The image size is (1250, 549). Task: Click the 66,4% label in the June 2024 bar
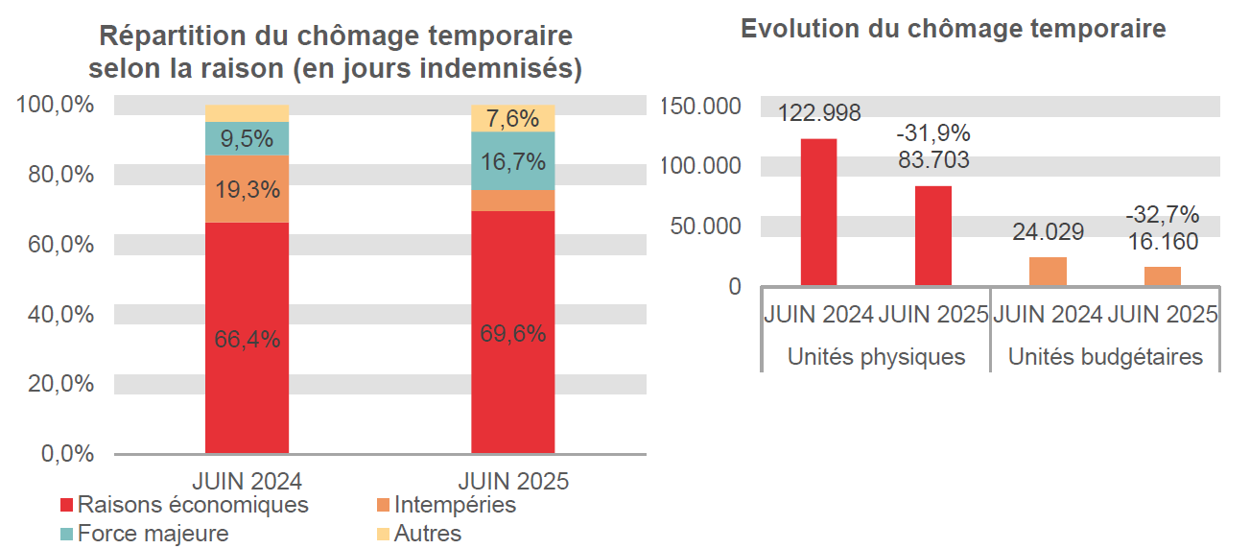click(x=247, y=339)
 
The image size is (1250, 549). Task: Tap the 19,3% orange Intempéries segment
click(x=247, y=189)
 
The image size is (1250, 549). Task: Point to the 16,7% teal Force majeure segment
click(x=512, y=160)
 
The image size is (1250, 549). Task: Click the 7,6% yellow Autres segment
click(x=512, y=118)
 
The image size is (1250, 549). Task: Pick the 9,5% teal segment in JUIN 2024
click(x=247, y=138)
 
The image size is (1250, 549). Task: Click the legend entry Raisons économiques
click(x=183, y=505)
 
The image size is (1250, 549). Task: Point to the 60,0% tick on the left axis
click(x=56, y=245)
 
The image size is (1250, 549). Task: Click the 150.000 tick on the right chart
click(x=701, y=106)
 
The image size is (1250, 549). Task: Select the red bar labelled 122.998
click(x=818, y=212)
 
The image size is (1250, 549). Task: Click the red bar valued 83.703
click(x=932, y=235)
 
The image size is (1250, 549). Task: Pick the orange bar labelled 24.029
click(x=1048, y=272)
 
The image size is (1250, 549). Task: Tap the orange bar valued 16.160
click(x=1162, y=276)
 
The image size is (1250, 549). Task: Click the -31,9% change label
click(x=933, y=133)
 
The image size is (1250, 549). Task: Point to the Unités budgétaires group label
click(x=1105, y=357)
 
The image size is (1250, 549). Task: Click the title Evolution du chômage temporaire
click(x=953, y=29)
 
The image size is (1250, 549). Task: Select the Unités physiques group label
click(x=876, y=357)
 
